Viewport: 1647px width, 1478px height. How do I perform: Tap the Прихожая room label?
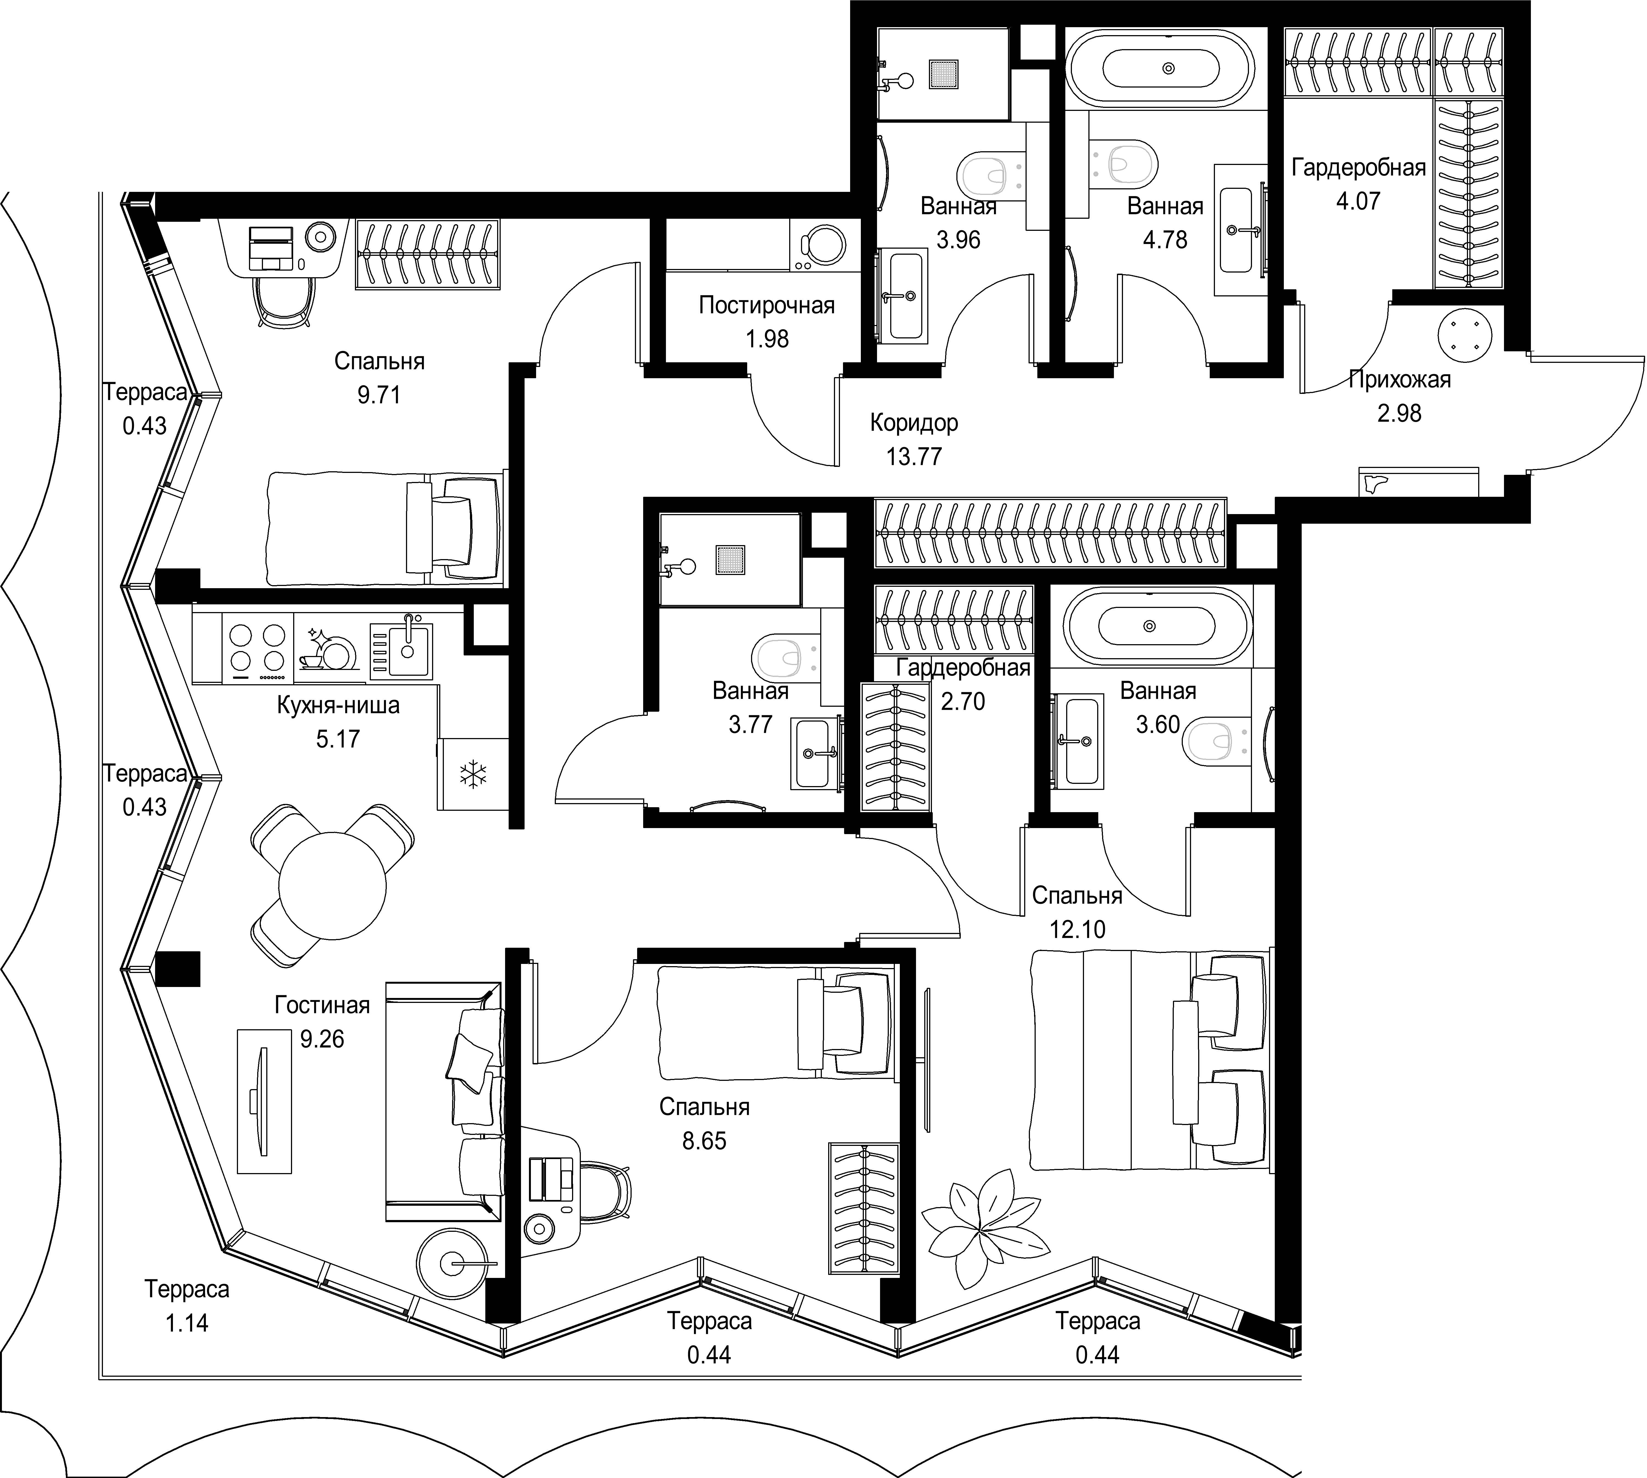(x=1399, y=379)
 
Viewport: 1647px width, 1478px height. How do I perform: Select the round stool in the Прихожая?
(x=1465, y=335)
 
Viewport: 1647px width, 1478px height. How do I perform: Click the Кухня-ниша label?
(x=338, y=705)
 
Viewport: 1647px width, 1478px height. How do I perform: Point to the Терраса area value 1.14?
(x=187, y=1323)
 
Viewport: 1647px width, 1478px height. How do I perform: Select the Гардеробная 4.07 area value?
(x=1358, y=201)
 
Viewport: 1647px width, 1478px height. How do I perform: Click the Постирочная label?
(x=767, y=305)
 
